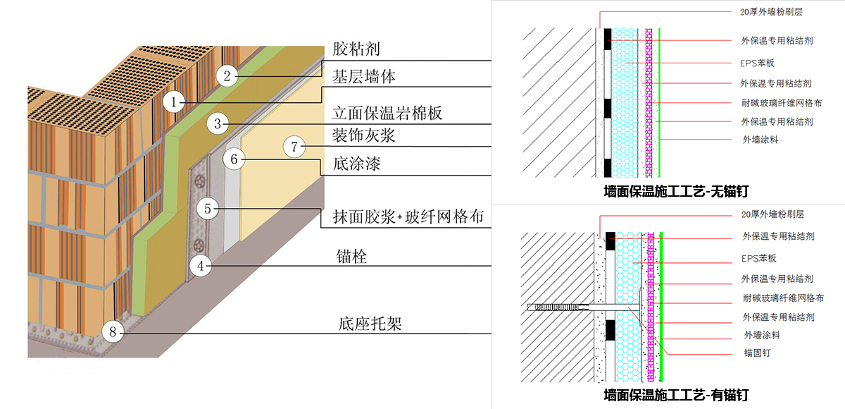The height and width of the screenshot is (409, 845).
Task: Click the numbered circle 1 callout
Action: [174, 102]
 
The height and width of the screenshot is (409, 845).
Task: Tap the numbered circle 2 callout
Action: [226, 75]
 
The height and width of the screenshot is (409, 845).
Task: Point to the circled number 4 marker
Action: [201, 266]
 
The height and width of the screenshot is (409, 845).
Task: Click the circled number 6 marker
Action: [234, 159]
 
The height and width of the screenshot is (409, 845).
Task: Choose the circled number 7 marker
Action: [295, 147]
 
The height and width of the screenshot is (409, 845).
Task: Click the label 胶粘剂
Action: [356, 49]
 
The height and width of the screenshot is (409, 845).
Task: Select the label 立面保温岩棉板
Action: [387, 114]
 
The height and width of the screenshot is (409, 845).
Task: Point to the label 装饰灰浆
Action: [363, 135]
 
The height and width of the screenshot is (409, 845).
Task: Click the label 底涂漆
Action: [357, 166]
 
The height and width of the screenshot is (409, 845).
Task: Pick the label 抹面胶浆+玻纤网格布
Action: [407, 217]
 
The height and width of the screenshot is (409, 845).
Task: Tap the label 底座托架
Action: [370, 324]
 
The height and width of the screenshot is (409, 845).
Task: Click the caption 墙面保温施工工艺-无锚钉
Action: [675, 190]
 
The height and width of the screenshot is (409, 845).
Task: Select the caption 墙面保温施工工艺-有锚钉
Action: [675, 394]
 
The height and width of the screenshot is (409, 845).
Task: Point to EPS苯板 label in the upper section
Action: [758, 63]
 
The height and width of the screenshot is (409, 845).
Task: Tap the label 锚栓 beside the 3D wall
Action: [351, 257]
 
